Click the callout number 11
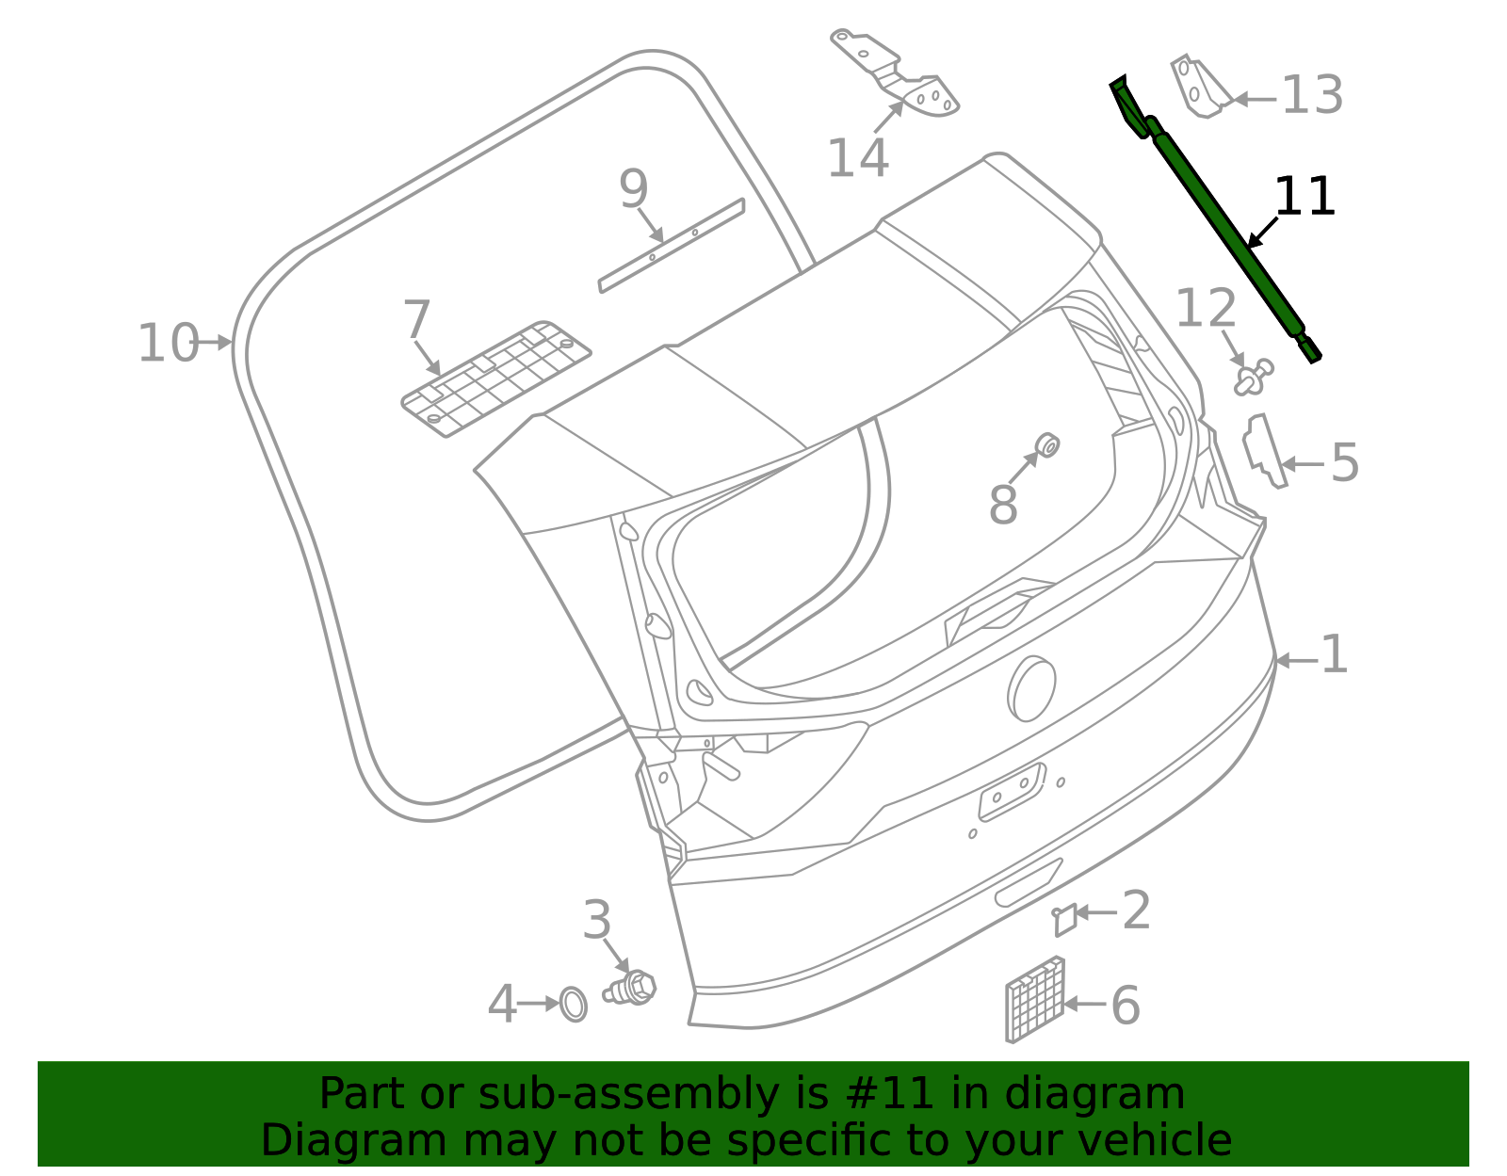[1304, 197]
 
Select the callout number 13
[1312, 96]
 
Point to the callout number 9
[634, 189]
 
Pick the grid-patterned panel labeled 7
[496, 378]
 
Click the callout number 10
[168, 343]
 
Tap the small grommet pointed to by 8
[1046, 445]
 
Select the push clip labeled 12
[1252, 378]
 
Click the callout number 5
[1345, 463]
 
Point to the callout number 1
[1335, 654]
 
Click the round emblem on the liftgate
[1032, 688]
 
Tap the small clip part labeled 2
[1064, 919]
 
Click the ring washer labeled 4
[573, 1004]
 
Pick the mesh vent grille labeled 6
[1034, 1000]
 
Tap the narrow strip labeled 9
[671, 246]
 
